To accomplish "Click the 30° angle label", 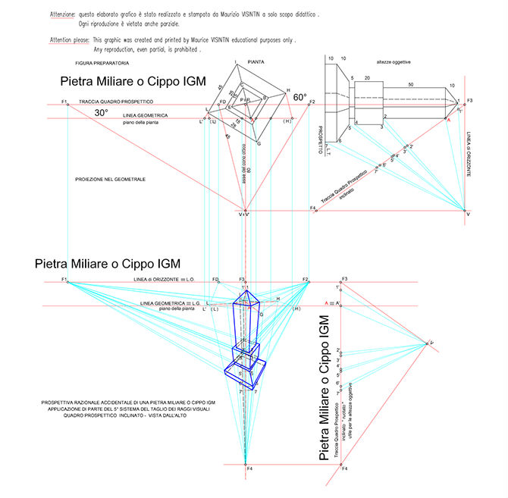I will click(101, 113).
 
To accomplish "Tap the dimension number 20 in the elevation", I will click(366, 78).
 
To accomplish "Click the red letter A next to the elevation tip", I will click(448, 121).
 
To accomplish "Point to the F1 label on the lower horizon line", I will click(66, 280).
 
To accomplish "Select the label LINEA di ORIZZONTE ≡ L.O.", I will click(161, 280).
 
